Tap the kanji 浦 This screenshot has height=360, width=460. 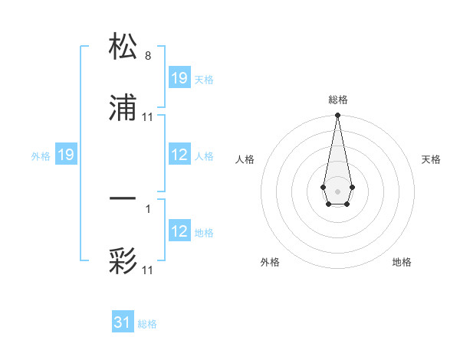(x=123, y=110)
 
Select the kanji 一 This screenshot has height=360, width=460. (x=123, y=200)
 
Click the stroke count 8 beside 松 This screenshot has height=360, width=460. (x=148, y=55)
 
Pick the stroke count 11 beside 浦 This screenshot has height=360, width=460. (x=148, y=117)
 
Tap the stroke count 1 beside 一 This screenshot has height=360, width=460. (x=148, y=208)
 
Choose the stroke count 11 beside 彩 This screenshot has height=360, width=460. (x=148, y=270)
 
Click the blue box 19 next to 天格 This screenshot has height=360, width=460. (x=179, y=78)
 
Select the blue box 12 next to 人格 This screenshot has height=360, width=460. (x=179, y=155)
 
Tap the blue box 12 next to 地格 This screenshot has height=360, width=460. (x=179, y=231)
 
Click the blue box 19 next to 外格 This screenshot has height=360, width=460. (x=66, y=155)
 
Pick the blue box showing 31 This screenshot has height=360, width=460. (x=123, y=322)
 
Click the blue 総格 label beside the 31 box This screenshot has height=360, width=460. (x=147, y=324)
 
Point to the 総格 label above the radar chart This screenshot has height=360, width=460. (x=338, y=100)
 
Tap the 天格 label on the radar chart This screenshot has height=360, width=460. (x=432, y=159)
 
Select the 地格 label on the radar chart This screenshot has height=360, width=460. (x=402, y=262)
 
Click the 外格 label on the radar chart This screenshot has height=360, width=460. (x=270, y=262)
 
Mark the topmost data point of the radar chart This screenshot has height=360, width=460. (x=337, y=116)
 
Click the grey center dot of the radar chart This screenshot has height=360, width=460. (x=337, y=190)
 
